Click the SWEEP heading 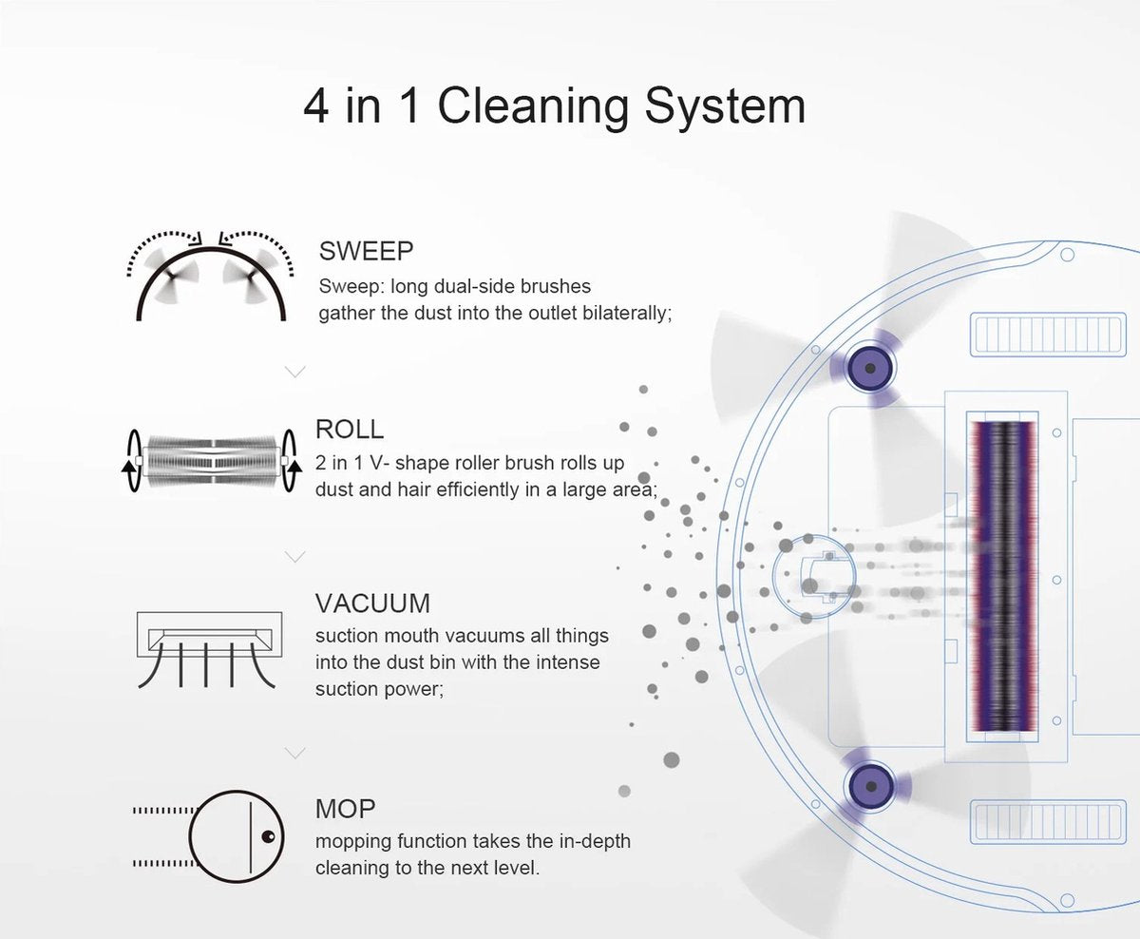pos(366,251)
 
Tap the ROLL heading pos(350,429)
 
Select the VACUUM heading pos(372,604)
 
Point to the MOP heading pos(345,809)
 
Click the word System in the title pos(725,107)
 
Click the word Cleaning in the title pos(532,107)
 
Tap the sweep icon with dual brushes pos(210,276)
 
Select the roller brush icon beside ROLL pos(211,461)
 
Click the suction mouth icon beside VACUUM pos(209,650)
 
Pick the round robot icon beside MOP pos(236,836)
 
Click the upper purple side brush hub pos(870,368)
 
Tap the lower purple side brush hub pos(870,787)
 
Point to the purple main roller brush pos(1002,575)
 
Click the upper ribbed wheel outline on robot pos(1048,335)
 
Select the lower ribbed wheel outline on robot pos(1048,822)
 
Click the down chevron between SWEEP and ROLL pos(295,372)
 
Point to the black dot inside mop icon pos(268,836)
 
